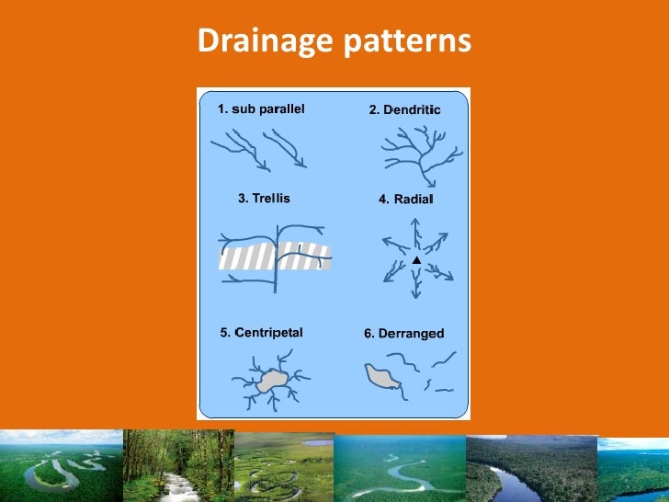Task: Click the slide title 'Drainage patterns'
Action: click(x=334, y=41)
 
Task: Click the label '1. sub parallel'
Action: click(x=261, y=108)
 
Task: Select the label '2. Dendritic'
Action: click(x=404, y=109)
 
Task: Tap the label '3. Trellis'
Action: click(x=264, y=198)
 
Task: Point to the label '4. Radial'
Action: click(x=405, y=200)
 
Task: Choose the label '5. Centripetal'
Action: click(x=261, y=333)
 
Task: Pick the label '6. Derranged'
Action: click(x=403, y=334)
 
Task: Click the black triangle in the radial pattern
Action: click(x=415, y=261)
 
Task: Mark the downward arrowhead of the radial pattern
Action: click(x=415, y=295)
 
